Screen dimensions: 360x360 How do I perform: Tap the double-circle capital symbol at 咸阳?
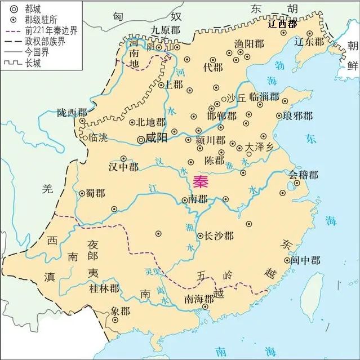coord(140,137)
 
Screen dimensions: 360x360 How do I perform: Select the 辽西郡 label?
coord(282,24)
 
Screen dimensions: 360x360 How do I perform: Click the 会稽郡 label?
coord(304,175)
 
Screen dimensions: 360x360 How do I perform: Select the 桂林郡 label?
coord(104,288)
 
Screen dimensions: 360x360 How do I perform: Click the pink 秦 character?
coord(199,181)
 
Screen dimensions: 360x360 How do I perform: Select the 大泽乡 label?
coord(259,146)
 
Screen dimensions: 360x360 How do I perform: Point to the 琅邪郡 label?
coord(297,116)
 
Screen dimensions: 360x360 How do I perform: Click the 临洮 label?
coord(100,137)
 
